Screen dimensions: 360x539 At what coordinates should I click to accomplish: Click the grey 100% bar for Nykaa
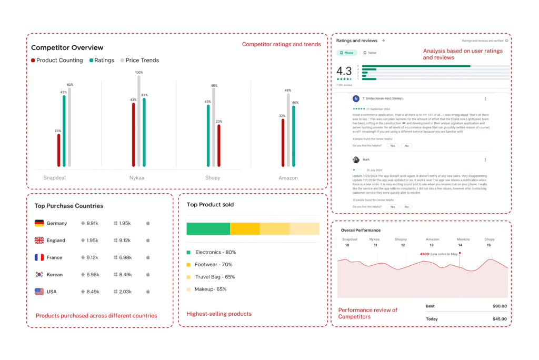(139, 121)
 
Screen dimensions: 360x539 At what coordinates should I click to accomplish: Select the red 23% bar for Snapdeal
(58, 150)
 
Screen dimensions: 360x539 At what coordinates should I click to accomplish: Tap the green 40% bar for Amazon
(293, 136)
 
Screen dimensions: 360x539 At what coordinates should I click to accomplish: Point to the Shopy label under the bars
(213, 178)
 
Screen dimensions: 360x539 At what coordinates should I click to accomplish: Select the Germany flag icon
(39, 223)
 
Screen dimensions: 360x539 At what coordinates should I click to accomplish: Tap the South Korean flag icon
(39, 275)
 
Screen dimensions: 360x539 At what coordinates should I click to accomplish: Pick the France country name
(54, 257)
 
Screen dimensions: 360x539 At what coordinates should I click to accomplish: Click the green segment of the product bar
(208, 228)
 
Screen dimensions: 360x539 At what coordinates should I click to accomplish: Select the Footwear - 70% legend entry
(213, 265)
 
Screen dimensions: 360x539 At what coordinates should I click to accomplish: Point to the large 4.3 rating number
(344, 71)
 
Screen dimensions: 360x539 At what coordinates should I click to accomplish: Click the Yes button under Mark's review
(392, 207)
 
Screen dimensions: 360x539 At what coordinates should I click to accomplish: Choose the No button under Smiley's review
(406, 146)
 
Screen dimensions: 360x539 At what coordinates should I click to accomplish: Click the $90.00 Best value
(500, 306)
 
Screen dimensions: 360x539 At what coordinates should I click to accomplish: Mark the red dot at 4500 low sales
(460, 253)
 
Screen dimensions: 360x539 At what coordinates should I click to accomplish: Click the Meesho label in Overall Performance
(463, 239)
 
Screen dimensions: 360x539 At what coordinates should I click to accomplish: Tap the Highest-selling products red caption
(219, 314)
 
